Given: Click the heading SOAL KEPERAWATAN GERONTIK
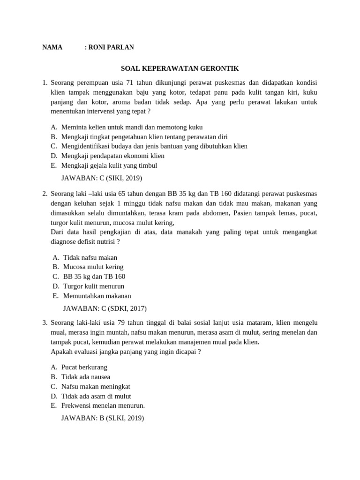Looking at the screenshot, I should coord(180,68).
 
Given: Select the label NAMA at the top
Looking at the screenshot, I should coord(52,47).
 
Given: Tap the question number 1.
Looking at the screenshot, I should coord(45,82).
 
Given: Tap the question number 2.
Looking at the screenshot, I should coord(45,194).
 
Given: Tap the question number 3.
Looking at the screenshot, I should coord(45,322).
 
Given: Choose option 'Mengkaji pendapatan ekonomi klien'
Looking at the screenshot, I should coord(113,156).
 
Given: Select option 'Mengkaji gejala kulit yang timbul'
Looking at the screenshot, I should coord(109,165).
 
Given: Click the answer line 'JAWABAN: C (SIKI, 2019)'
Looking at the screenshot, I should coord(102,178).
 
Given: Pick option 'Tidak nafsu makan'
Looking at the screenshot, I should coord(90,257).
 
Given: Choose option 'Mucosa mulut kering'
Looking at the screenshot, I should coord(93,267).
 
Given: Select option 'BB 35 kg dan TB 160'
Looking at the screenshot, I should coord(94,277).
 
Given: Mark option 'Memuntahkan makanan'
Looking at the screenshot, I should coord(97,296).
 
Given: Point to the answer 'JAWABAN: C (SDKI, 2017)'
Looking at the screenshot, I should coord(105,308).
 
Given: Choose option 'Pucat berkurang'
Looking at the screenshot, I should coord(84,367).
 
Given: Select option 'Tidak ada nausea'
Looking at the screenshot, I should coord(86,377).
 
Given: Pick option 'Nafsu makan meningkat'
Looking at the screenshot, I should coord(96,387).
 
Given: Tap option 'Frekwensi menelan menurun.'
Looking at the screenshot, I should coord(103,406).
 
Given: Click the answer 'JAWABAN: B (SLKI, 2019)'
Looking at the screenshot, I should coord(103,418).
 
